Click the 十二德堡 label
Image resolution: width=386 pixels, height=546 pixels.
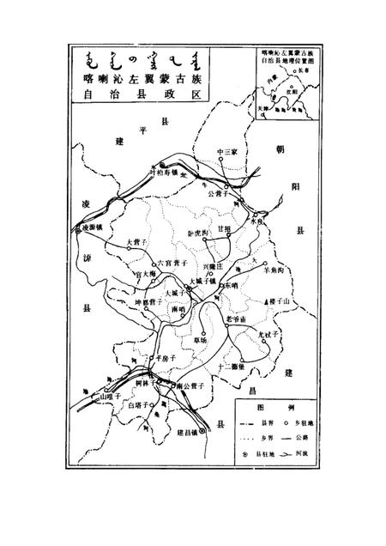pyautogui.click(x=232, y=367)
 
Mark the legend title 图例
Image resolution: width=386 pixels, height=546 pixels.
pyautogui.click(x=272, y=402)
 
